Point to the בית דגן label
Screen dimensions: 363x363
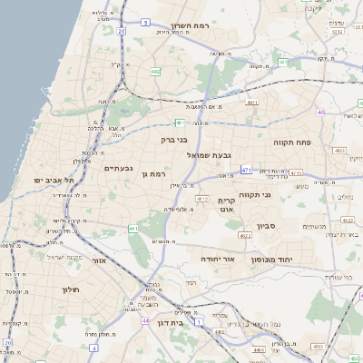164,321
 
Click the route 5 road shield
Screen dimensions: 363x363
146,20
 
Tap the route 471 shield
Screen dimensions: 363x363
247,169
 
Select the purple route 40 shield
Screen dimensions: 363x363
321,112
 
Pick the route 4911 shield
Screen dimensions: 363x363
251,103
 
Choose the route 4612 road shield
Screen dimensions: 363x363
201,199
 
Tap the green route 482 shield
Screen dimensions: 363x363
156,71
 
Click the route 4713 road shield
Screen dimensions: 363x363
340,151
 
